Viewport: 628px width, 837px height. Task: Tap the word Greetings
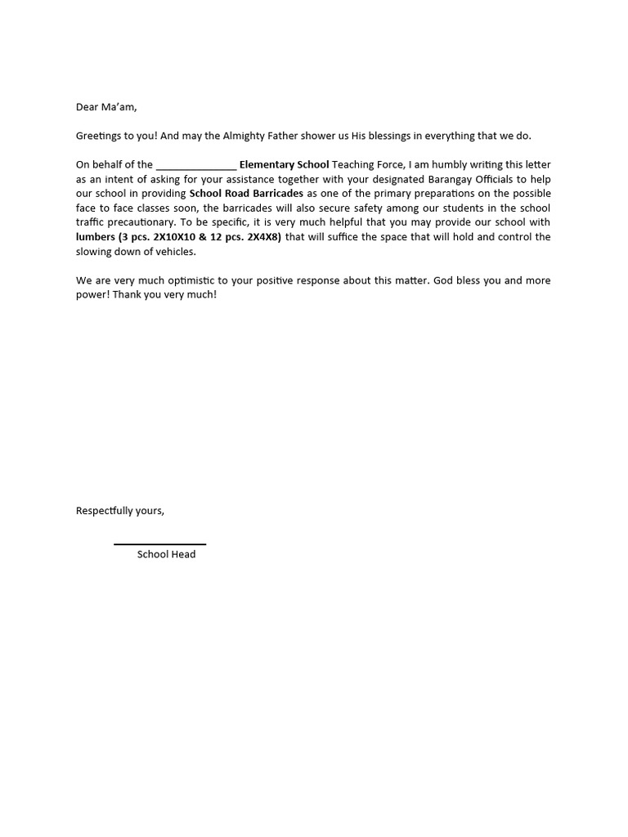(x=101, y=136)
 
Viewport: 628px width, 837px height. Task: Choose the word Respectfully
(x=106, y=511)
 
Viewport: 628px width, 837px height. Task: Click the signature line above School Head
(x=159, y=544)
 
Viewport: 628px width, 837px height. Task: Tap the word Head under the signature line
(x=183, y=554)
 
